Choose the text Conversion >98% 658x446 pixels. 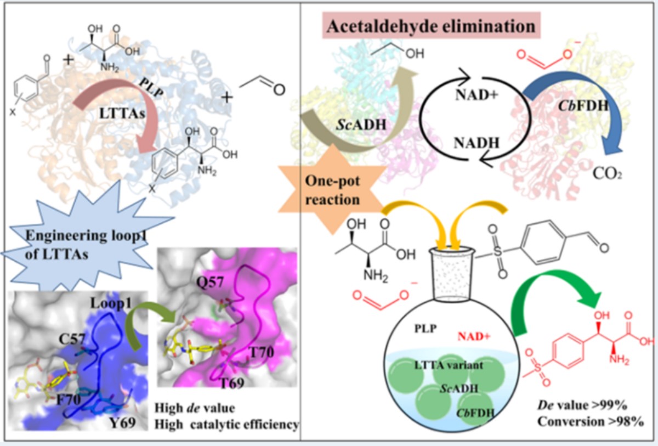(x=588, y=422)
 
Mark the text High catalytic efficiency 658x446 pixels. (x=226, y=424)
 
